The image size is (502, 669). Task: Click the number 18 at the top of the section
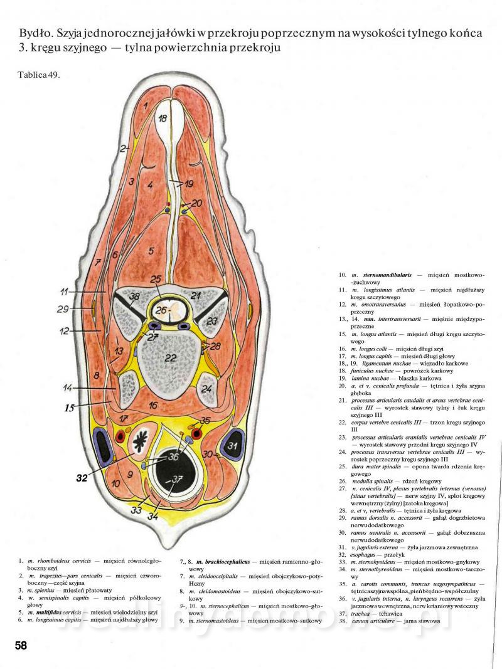[x=163, y=119]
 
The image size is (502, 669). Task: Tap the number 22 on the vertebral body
[x=169, y=358]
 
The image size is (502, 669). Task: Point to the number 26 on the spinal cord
[x=163, y=310]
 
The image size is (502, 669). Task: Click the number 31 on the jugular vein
[x=232, y=446]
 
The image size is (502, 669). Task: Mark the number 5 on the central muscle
[x=151, y=251]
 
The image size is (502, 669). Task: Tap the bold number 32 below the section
[x=82, y=477]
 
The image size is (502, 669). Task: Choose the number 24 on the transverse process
[x=206, y=388]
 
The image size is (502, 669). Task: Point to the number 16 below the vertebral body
[x=154, y=406]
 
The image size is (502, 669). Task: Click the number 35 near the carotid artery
[x=206, y=421]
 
